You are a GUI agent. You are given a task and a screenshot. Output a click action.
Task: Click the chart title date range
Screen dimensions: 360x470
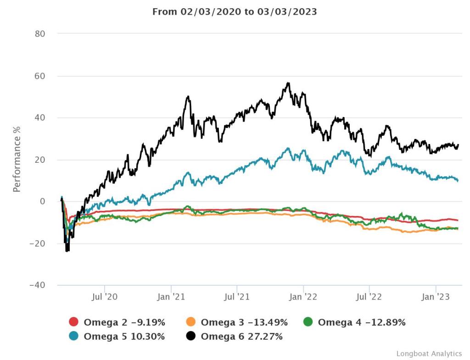235,12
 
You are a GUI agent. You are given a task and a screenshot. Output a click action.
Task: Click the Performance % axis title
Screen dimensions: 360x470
17,159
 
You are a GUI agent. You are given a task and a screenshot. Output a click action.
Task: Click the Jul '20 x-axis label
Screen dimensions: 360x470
105,297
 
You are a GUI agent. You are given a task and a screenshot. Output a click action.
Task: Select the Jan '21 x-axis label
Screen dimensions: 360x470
171,297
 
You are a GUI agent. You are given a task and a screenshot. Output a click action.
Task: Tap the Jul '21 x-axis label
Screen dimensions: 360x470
237,297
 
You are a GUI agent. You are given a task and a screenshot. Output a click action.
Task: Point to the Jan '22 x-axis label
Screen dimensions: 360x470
303,297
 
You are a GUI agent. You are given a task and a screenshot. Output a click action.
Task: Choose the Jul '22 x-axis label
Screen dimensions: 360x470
369,297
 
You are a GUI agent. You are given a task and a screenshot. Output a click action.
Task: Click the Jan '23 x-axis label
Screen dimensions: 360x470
435,297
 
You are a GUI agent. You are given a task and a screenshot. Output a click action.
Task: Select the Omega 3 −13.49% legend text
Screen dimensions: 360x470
244,322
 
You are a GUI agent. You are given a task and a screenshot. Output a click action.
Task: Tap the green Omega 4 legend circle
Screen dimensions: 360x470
308,322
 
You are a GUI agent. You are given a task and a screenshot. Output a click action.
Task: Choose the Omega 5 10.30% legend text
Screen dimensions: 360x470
124,337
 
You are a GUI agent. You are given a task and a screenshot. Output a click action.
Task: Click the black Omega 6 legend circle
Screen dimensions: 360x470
191,337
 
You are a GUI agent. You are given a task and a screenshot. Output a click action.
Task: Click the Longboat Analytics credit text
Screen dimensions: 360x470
429,354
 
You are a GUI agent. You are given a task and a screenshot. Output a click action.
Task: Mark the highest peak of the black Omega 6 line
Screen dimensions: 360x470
288,83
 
